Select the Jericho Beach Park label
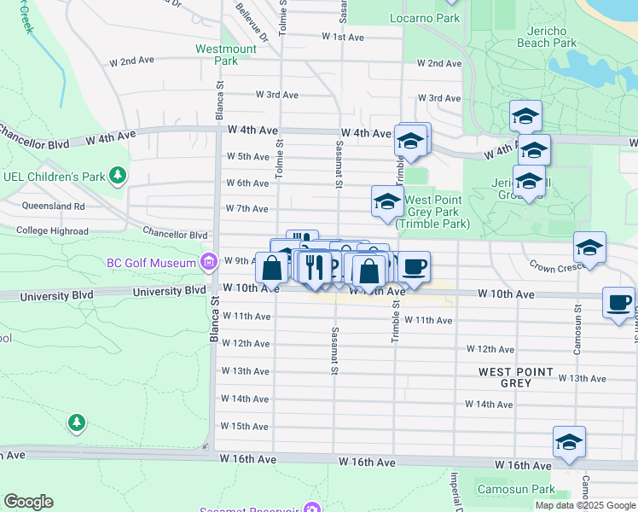pos(547,37)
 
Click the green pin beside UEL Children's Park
pos(118,177)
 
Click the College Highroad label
pos(51,231)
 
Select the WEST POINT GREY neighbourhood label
pos(516,377)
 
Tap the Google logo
pos(28,502)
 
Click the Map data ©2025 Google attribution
pos(585,505)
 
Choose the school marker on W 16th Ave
pos(569,441)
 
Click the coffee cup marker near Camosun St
pos(618,302)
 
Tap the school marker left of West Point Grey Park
pos(386,201)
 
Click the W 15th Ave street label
pos(245,426)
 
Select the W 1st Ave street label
pos(343,38)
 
